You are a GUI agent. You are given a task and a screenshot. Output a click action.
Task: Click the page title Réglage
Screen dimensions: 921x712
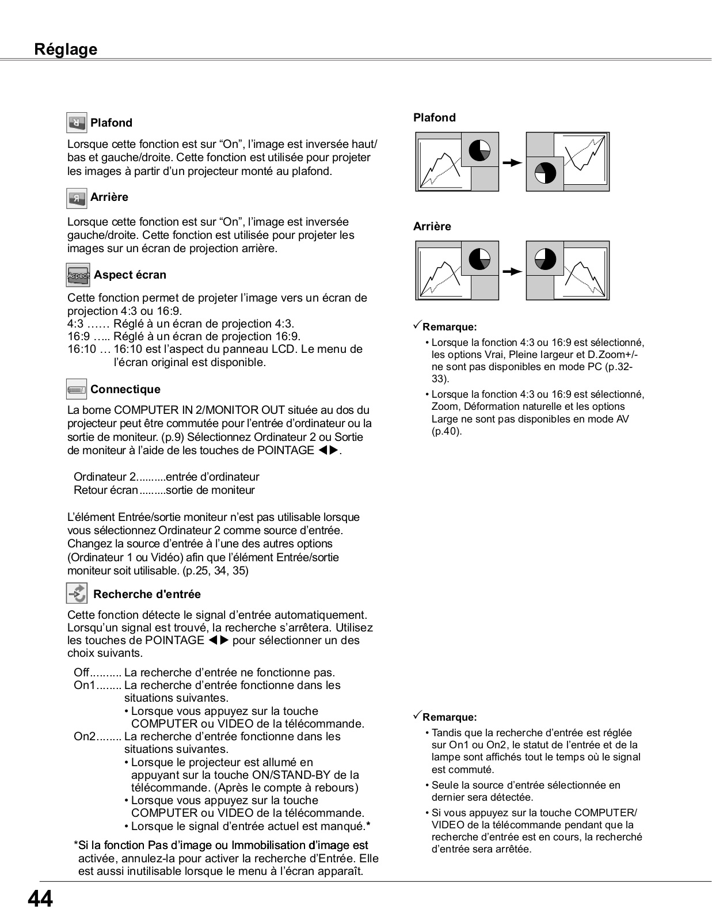(x=66, y=50)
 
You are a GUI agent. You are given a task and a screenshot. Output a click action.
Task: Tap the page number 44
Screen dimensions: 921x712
(x=40, y=899)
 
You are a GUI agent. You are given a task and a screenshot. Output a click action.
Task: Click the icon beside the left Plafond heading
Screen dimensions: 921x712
(x=77, y=123)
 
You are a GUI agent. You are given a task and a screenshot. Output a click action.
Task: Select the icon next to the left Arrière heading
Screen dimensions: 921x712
(x=77, y=197)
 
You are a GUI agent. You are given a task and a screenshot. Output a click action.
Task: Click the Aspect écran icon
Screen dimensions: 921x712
(x=78, y=275)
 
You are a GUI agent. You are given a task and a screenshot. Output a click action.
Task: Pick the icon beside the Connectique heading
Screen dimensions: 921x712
(x=77, y=390)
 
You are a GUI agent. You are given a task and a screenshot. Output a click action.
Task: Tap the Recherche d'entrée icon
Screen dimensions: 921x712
(x=77, y=593)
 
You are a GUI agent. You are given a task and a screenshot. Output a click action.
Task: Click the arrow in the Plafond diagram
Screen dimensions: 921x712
(x=512, y=163)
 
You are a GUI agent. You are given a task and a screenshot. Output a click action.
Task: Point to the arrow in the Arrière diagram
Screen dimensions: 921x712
(x=512, y=271)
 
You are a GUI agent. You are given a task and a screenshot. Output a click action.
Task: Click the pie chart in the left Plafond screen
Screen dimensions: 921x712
(x=479, y=150)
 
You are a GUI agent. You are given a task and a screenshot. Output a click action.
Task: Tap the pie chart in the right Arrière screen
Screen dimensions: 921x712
(x=545, y=259)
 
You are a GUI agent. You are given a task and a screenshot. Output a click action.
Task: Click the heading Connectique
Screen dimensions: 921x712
(x=125, y=390)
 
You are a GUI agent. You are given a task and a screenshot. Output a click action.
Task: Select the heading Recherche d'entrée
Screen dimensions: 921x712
(x=147, y=594)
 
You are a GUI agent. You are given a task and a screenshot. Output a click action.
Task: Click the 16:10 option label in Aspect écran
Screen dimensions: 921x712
(x=81, y=349)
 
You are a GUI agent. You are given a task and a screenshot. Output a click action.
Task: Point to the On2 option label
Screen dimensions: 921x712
(x=84, y=737)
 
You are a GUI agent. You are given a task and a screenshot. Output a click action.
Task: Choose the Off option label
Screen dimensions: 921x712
(x=81, y=673)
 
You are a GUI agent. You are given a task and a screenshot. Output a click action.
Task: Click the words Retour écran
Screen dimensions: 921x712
(x=106, y=490)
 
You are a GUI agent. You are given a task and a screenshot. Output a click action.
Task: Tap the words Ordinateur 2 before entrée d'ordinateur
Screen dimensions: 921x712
(x=105, y=477)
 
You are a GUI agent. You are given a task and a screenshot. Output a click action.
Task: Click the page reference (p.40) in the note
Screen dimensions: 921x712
(x=447, y=431)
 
